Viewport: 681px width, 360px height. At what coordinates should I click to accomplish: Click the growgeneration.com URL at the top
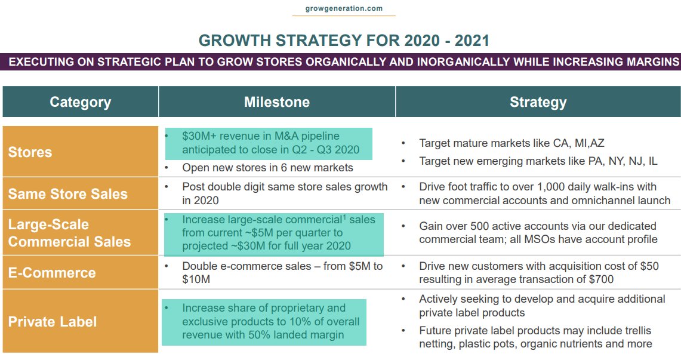pos(343,8)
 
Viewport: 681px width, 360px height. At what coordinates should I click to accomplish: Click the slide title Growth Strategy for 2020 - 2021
pos(344,41)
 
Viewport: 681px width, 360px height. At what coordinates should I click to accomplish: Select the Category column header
pos(80,102)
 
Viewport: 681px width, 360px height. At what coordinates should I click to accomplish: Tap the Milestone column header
pos(276,102)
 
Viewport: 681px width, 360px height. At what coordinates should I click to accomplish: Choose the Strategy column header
pos(538,102)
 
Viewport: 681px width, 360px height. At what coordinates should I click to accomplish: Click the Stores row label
pos(30,152)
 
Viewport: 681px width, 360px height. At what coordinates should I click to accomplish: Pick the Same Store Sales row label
pos(67,194)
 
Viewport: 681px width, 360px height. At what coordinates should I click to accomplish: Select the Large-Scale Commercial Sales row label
pos(69,233)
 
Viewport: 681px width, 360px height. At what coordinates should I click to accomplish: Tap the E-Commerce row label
pos(52,273)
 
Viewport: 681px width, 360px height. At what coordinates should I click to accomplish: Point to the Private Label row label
pos(53,322)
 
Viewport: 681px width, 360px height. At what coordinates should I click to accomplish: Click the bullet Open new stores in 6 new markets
pos(267,168)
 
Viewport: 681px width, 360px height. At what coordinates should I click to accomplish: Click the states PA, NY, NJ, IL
pos(623,161)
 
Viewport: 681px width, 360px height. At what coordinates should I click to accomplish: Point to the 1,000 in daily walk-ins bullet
pos(537,187)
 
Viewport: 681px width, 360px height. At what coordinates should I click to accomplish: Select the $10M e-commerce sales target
pos(196,279)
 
